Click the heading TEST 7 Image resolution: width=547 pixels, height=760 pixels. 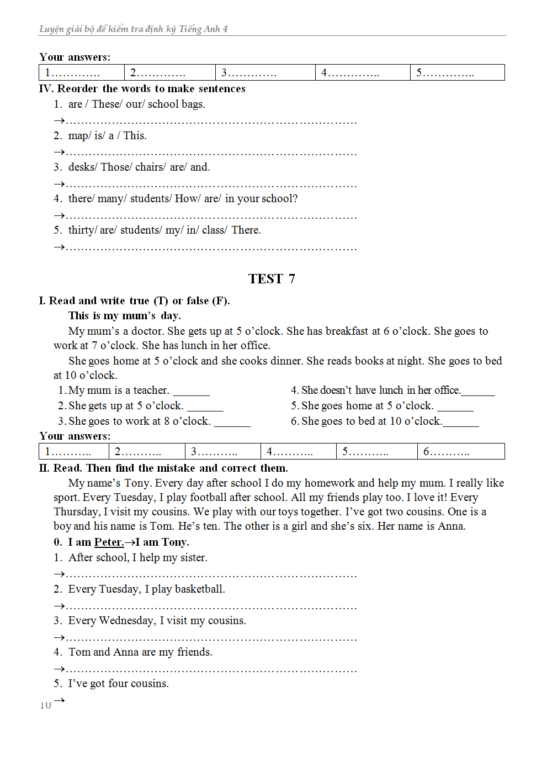272,279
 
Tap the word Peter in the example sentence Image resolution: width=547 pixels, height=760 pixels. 108,542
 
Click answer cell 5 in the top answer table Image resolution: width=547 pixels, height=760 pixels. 457,72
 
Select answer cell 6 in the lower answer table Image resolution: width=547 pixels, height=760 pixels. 460,451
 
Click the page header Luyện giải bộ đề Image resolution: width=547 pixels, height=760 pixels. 133,29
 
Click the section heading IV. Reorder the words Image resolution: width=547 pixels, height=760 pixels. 142,88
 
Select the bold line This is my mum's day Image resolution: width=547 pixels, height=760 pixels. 124,315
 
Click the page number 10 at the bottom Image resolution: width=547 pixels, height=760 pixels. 45,705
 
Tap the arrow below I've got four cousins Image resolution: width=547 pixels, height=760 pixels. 60,700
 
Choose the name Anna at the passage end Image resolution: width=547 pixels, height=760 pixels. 451,526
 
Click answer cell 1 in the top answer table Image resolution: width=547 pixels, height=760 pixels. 82,72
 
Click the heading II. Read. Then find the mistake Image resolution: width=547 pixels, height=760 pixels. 163,468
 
